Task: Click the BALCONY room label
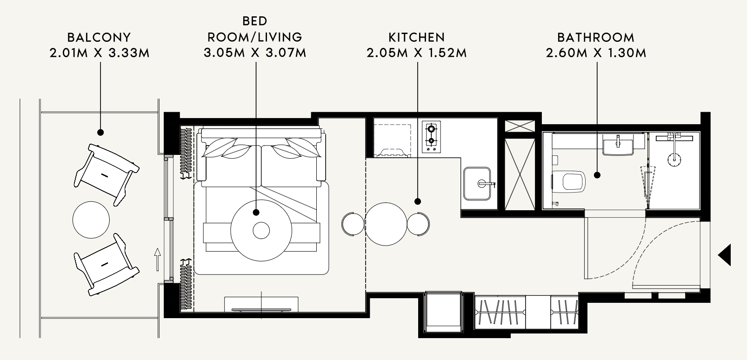point(99,37)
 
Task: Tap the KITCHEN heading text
point(416,37)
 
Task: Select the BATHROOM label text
point(596,37)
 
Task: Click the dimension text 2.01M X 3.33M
point(100,53)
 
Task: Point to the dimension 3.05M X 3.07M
point(255,53)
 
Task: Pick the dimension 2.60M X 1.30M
point(596,53)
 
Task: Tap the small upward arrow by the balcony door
point(157,260)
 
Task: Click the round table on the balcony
point(91,220)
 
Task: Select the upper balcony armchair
point(106,175)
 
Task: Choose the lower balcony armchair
point(106,265)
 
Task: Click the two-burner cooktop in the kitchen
point(431,137)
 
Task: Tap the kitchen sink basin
point(477,184)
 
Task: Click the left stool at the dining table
point(353,224)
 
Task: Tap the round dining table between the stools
point(386,224)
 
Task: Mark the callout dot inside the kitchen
point(418,201)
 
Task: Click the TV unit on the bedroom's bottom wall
point(261,304)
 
